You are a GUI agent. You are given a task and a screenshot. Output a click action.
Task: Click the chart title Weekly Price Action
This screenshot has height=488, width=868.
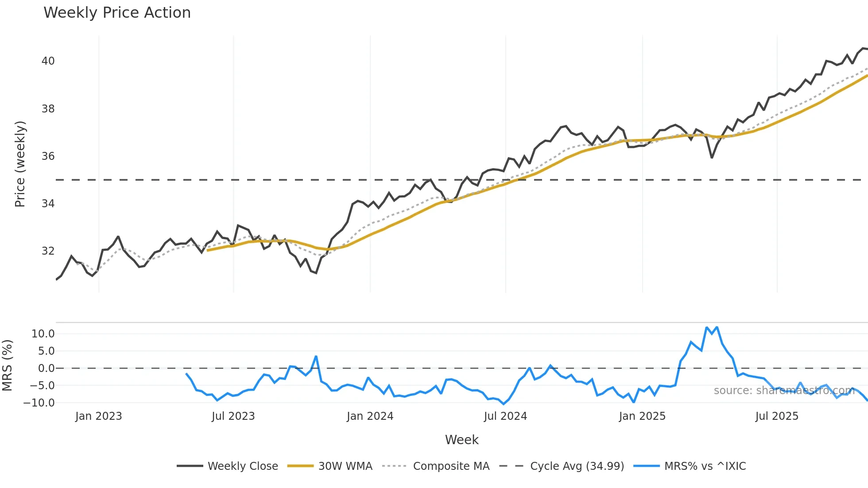(117, 13)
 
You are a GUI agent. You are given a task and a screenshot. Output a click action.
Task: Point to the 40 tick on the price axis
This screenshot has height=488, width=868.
(48, 61)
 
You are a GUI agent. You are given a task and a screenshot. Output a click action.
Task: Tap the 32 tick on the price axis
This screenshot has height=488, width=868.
(48, 251)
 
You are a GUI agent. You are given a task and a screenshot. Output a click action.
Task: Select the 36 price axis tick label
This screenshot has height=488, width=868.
(48, 156)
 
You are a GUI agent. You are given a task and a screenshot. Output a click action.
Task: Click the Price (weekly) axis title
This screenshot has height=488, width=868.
(20, 164)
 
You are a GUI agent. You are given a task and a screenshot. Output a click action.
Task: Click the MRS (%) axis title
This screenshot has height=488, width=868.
(7, 365)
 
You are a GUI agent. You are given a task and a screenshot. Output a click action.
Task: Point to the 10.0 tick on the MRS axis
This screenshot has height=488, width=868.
(43, 334)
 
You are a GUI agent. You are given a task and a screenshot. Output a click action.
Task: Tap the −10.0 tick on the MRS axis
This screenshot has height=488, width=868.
(39, 403)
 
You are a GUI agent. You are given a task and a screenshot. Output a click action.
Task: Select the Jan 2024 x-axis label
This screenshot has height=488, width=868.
(370, 416)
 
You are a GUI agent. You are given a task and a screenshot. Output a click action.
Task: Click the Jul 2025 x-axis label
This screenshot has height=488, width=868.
(777, 416)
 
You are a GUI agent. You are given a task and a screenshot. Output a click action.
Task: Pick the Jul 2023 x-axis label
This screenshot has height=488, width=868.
(233, 416)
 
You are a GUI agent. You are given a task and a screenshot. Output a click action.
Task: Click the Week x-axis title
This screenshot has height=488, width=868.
(461, 440)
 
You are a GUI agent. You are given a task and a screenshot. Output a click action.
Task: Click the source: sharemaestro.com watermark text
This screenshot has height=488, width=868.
(784, 391)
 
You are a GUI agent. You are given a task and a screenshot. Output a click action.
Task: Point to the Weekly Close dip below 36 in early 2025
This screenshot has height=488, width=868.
(712, 157)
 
